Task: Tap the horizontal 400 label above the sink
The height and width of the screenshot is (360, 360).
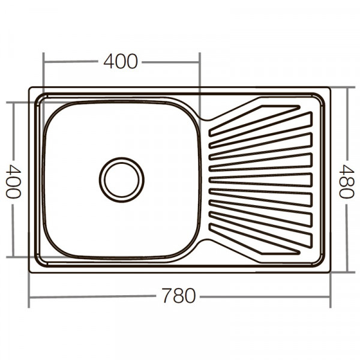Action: (x=121, y=61)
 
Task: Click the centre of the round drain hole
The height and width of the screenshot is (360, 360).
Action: (x=122, y=179)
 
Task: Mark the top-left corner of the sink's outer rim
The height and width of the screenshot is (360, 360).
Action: (x=30, y=88)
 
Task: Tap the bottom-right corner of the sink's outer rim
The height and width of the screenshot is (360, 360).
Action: (x=330, y=272)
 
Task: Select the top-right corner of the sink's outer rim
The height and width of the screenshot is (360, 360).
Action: (x=330, y=88)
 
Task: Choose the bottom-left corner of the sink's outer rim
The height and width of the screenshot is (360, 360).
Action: (x=30, y=272)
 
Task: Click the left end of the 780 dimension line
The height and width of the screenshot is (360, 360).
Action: (x=29, y=297)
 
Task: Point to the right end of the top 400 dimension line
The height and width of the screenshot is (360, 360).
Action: (x=200, y=61)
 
